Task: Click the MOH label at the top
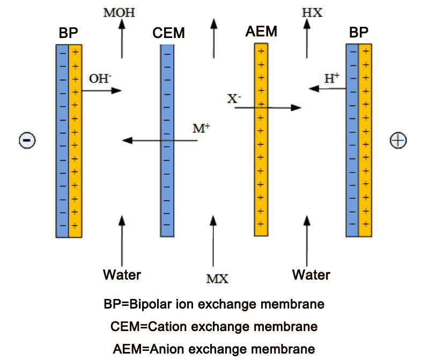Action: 119,12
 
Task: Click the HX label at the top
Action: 312,12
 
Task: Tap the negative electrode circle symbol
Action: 27,140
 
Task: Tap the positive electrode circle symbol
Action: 398,140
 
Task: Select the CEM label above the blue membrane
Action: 168,34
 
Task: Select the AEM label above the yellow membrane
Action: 261,32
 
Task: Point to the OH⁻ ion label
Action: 100,79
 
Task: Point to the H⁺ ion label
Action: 332,78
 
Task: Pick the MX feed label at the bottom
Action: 217,279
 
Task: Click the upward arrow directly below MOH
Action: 122,40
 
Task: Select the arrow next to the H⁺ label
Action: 327,89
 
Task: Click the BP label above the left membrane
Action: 69,33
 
